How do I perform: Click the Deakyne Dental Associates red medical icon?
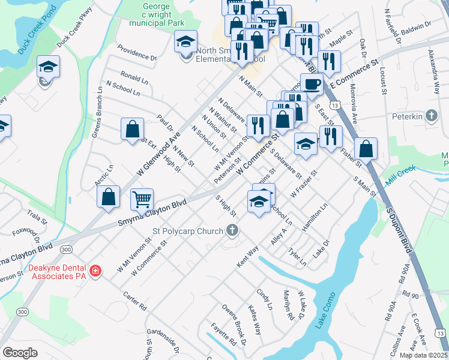(95, 272)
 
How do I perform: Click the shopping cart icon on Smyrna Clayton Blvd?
(142, 199)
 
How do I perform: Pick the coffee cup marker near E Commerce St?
(312, 83)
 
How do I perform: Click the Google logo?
(20, 353)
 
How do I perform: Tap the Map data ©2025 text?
(423, 355)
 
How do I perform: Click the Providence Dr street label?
(137, 53)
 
